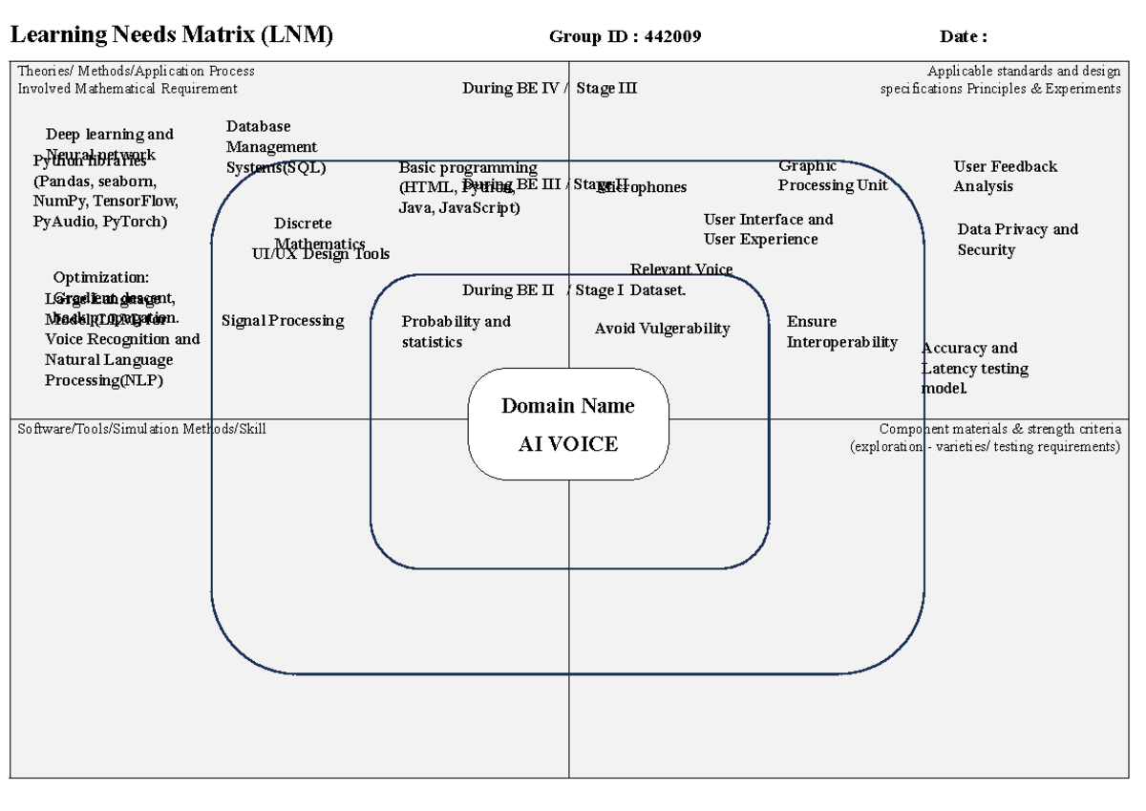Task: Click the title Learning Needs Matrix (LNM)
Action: pos(171,35)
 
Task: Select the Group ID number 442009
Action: pos(673,37)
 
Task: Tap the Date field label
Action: pos(963,37)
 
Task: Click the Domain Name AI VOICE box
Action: pos(568,424)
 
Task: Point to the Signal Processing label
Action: pos(283,321)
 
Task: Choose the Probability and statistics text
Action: pos(456,331)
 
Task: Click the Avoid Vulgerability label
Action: pos(662,329)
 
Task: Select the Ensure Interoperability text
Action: pos(841,331)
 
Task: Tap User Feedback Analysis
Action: pos(1005,176)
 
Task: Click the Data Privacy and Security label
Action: pos(1017,239)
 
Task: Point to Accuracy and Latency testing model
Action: pos(974,368)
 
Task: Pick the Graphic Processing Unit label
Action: pos(832,176)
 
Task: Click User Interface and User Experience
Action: pos(768,229)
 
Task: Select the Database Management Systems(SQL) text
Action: pos(275,147)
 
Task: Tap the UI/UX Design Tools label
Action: pos(321,254)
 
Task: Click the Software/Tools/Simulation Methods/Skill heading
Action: pos(141,429)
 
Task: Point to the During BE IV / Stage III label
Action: pos(549,88)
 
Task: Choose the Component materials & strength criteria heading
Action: pos(999,429)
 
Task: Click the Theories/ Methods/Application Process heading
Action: pos(136,71)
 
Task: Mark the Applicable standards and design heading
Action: pos(1024,71)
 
